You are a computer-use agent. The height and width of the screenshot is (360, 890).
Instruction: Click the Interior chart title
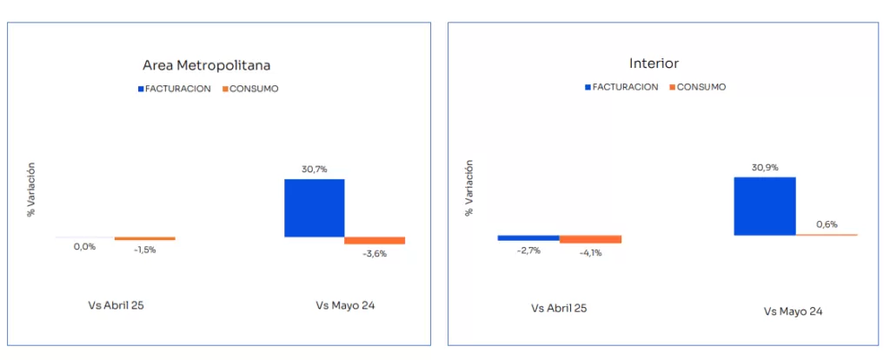click(654, 63)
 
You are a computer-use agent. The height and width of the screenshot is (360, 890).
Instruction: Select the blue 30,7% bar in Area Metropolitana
click(315, 208)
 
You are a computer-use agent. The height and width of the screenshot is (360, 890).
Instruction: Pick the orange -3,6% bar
click(375, 240)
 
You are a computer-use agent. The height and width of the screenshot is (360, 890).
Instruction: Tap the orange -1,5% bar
click(145, 238)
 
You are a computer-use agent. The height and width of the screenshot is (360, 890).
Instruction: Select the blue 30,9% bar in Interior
click(765, 206)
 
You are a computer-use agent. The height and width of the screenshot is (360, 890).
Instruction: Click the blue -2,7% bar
click(528, 237)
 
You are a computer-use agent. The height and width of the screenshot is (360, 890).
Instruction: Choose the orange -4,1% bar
click(590, 239)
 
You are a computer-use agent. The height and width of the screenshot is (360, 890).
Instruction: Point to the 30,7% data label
click(315, 170)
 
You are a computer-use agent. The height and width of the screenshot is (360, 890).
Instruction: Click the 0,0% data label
click(84, 247)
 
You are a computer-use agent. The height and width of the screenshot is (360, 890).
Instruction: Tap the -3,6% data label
click(375, 254)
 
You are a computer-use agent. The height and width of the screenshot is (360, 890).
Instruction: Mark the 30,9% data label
click(765, 166)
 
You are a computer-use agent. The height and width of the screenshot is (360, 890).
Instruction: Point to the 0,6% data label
click(827, 224)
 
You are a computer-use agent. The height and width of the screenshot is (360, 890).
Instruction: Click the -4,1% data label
click(590, 253)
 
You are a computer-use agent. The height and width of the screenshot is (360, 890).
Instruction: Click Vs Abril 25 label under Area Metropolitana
click(116, 305)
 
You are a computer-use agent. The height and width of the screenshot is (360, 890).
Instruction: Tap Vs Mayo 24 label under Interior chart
click(793, 310)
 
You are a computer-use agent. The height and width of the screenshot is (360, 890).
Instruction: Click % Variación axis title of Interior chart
click(470, 187)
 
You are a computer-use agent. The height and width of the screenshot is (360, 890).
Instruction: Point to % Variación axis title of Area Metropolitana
click(30, 189)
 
